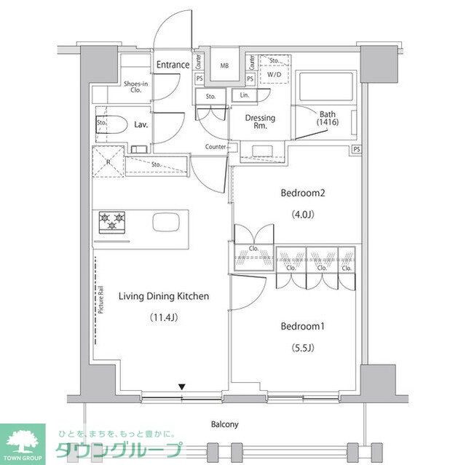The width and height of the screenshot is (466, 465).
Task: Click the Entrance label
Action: point(173,65)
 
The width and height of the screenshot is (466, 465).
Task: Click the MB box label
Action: point(225,65)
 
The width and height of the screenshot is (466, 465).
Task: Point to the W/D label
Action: point(275,74)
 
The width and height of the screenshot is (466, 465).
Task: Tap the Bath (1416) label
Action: point(328,118)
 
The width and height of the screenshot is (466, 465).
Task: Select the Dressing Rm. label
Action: point(259,122)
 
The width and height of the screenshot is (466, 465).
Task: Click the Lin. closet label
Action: point(244,95)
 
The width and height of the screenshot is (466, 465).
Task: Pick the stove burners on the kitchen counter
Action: point(112,221)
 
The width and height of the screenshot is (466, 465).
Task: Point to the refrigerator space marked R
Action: point(108,162)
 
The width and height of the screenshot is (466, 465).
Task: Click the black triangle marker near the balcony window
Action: point(183,386)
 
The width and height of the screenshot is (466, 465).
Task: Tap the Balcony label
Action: point(224,424)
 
